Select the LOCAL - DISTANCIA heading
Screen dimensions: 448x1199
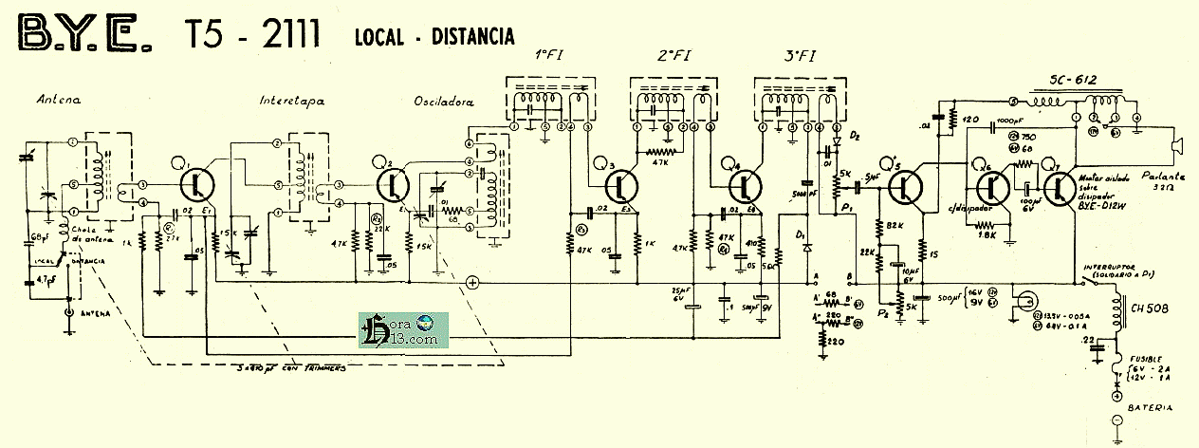coord(433,37)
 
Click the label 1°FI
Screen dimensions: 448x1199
coord(552,56)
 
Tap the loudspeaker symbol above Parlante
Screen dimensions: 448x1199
coord(1177,146)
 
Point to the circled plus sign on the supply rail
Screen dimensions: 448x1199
coord(472,282)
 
